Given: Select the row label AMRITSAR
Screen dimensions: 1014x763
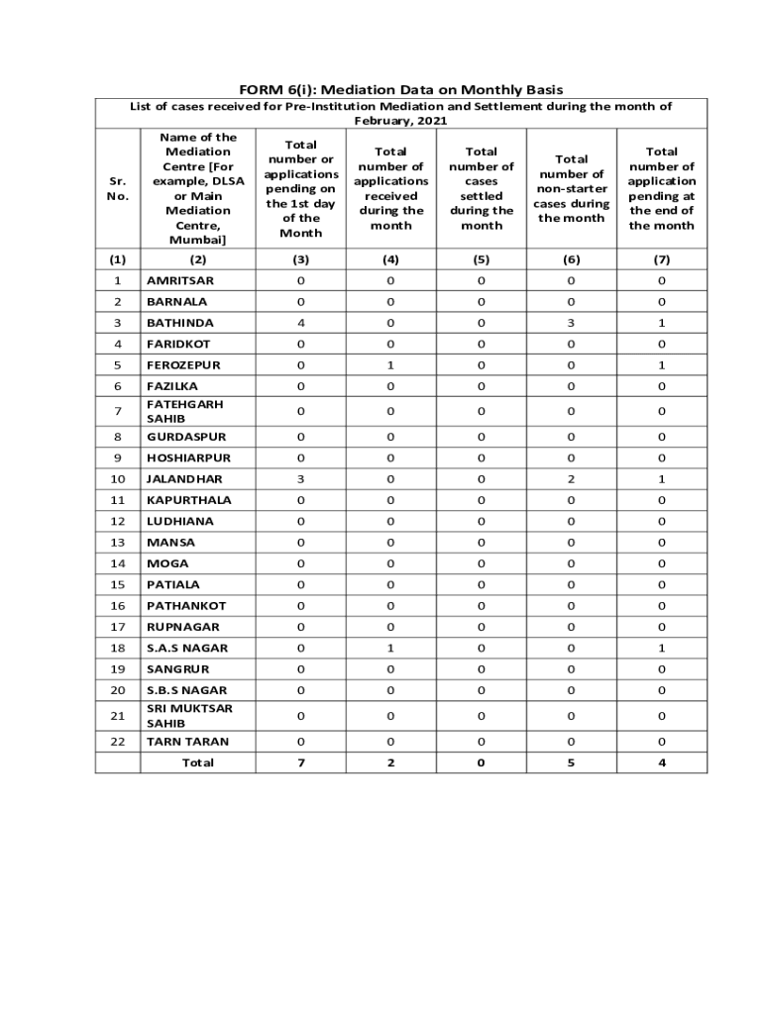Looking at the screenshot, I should click(180, 280).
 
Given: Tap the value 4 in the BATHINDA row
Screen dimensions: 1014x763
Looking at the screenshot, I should click(300, 323).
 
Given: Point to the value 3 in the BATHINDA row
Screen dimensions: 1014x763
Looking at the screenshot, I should click(571, 323).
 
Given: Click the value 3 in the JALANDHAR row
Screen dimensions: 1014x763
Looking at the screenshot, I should click(300, 479).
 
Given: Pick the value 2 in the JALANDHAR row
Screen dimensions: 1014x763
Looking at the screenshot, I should click(571, 479).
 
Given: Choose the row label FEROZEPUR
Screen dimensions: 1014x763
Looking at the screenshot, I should click(183, 365).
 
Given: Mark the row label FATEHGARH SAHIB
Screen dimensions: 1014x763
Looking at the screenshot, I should click(185, 411).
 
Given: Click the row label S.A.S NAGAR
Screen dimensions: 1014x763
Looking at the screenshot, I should click(187, 648).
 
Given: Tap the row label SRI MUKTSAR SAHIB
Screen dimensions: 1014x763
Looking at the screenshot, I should click(189, 716).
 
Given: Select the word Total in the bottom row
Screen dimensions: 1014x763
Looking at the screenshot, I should click(197, 762).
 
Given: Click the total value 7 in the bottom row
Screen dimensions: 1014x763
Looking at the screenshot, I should click(300, 762).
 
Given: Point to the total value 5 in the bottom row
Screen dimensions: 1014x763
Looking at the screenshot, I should click(571, 762).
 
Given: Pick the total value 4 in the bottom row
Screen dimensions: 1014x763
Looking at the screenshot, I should click(661, 762).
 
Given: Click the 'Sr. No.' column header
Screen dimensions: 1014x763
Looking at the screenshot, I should click(118, 188).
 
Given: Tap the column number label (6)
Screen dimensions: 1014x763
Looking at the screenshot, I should click(571, 259).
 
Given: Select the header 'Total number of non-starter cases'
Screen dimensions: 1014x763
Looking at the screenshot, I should click(571, 188).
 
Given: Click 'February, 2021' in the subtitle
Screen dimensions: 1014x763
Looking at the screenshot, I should click(401, 121).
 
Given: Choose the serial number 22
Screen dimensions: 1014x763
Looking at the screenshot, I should click(118, 742).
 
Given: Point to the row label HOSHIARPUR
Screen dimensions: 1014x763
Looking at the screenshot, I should click(188, 458).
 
